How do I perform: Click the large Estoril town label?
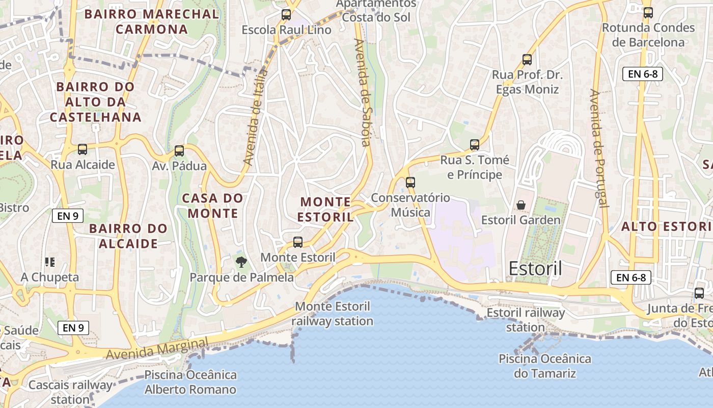[x=536, y=268]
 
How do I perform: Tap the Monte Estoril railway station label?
[x=333, y=314]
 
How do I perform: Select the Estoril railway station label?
[x=526, y=320]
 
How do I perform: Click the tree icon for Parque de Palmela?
[x=241, y=262]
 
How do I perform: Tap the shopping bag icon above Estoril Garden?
[x=521, y=205]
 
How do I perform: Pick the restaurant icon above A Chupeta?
[x=50, y=262]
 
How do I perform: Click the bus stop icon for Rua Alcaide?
[x=83, y=149]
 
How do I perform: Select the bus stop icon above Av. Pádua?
[x=179, y=151]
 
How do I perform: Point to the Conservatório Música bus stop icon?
[x=410, y=182]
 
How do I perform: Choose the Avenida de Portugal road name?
[x=598, y=148]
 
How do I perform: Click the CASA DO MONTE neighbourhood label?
[x=213, y=206]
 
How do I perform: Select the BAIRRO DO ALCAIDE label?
[x=128, y=236]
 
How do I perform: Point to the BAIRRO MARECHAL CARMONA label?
[x=152, y=21]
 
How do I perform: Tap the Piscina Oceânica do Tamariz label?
[x=545, y=366]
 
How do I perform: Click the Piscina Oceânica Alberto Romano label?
[x=190, y=382]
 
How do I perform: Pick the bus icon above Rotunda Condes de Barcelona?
[x=648, y=13]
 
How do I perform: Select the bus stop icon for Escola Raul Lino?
[x=286, y=15]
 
